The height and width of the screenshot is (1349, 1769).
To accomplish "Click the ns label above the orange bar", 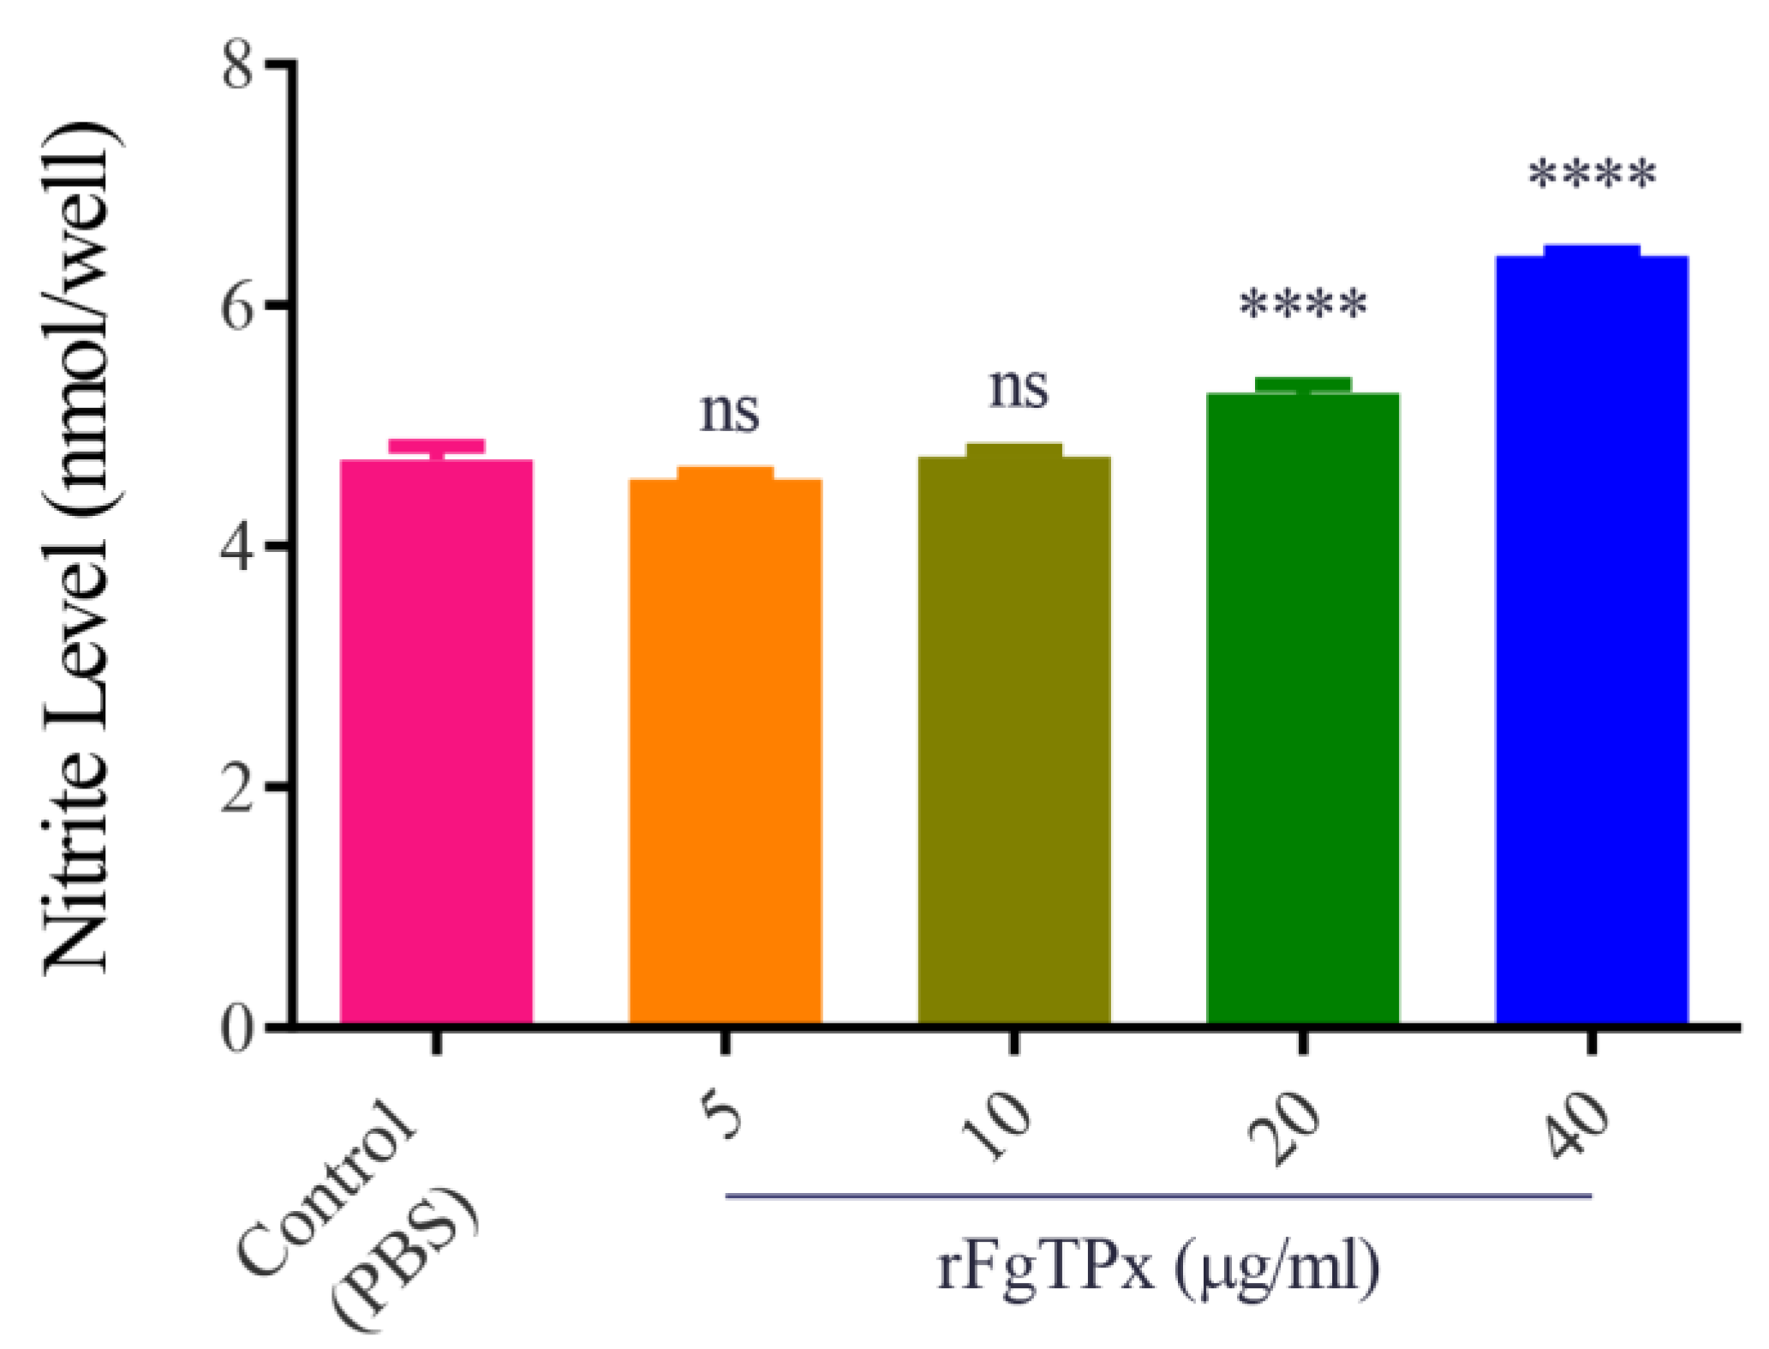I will [x=729, y=413].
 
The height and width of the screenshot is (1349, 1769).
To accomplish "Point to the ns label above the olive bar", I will [x=1018, y=388].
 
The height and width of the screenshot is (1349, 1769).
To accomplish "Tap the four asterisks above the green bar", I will [x=1303, y=306].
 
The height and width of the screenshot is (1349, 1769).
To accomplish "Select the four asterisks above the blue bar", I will [x=1592, y=177].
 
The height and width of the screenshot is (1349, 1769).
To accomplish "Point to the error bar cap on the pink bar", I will [x=436, y=446].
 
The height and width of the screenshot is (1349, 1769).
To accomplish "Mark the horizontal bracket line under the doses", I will [x=1158, y=1195].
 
